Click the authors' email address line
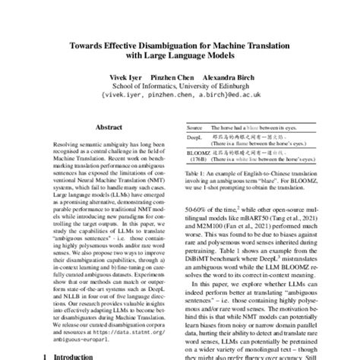pyautogui.click(x=179, y=96)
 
